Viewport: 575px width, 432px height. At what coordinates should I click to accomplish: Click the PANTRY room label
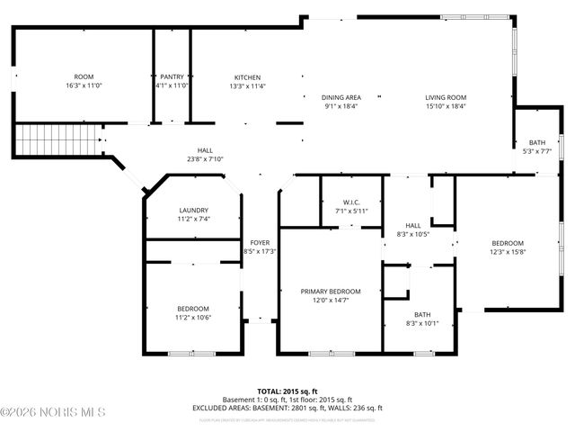pos(172,77)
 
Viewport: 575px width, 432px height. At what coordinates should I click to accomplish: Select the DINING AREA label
pos(341,97)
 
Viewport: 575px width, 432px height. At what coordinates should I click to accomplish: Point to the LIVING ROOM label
pos(446,97)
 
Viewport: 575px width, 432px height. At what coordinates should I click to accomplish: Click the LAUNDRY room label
pos(193,210)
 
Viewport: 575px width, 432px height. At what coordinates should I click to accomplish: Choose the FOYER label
pos(260,242)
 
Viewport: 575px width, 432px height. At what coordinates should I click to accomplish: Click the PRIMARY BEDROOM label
pos(331,292)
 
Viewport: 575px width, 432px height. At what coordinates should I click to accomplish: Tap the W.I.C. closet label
pos(351,202)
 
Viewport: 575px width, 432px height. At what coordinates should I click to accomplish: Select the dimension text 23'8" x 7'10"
pos(205,159)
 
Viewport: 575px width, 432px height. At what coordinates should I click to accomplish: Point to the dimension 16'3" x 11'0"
pos(84,85)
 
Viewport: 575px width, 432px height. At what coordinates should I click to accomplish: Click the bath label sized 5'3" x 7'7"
pos(536,143)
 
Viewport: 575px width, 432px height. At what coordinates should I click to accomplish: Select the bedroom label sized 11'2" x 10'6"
pos(193,309)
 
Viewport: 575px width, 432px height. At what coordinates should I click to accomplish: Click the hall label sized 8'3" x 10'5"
pos(412,226)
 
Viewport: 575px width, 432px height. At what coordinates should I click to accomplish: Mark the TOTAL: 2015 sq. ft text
pos(287,391)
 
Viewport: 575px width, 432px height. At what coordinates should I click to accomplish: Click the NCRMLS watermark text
pos(53,413)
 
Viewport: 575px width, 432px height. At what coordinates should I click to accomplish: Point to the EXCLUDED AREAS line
pos(287,408)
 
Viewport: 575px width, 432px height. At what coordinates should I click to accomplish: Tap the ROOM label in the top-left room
pos(84,77)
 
